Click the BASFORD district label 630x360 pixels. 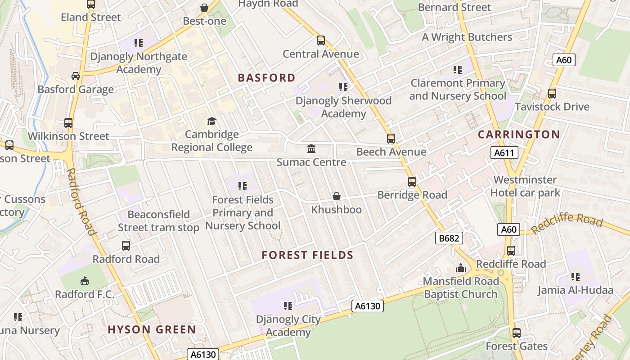[266, 78]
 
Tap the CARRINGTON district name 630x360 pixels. [519, 135]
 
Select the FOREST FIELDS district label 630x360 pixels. [308, 256]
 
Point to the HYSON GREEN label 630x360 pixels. [152, 329]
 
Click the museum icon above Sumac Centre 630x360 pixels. [311, 148]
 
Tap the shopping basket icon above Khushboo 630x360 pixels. [336, 196]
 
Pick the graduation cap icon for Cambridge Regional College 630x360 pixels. [211, 121]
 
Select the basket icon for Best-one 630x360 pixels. [204, 8]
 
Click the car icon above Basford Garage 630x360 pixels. [76, 76]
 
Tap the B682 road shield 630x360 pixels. [449, 238]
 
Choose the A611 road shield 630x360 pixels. [504, 153]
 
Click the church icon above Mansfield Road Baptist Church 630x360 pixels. [460, 268]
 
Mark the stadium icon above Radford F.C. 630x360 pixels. [84, 281]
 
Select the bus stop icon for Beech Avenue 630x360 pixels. [391, 138]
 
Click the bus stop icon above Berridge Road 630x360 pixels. [412, 181]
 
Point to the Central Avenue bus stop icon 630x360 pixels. [321, 40]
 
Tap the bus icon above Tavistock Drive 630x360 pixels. [552, 94]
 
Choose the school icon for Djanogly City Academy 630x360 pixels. [288, 306]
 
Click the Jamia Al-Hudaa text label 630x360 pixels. [576, 290]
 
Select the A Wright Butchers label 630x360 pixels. [467, 37]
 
